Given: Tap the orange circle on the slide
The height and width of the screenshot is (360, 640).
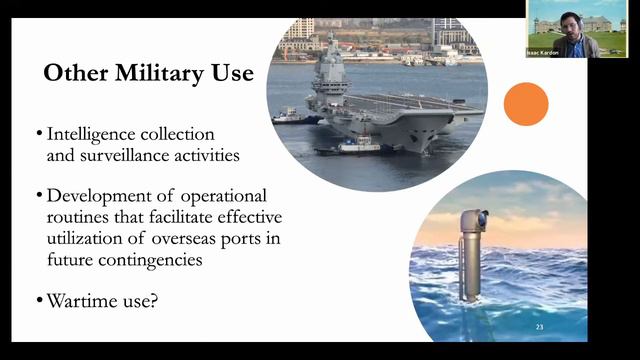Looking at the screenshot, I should (x=526, y=104).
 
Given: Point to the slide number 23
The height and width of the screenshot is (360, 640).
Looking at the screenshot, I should (x=540, y=327).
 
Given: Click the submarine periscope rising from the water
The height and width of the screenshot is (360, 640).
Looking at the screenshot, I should (x=468, y=250).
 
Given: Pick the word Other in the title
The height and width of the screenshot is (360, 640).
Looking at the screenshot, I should (x=73, y=74).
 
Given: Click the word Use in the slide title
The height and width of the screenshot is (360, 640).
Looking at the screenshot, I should (x=231, y=74).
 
